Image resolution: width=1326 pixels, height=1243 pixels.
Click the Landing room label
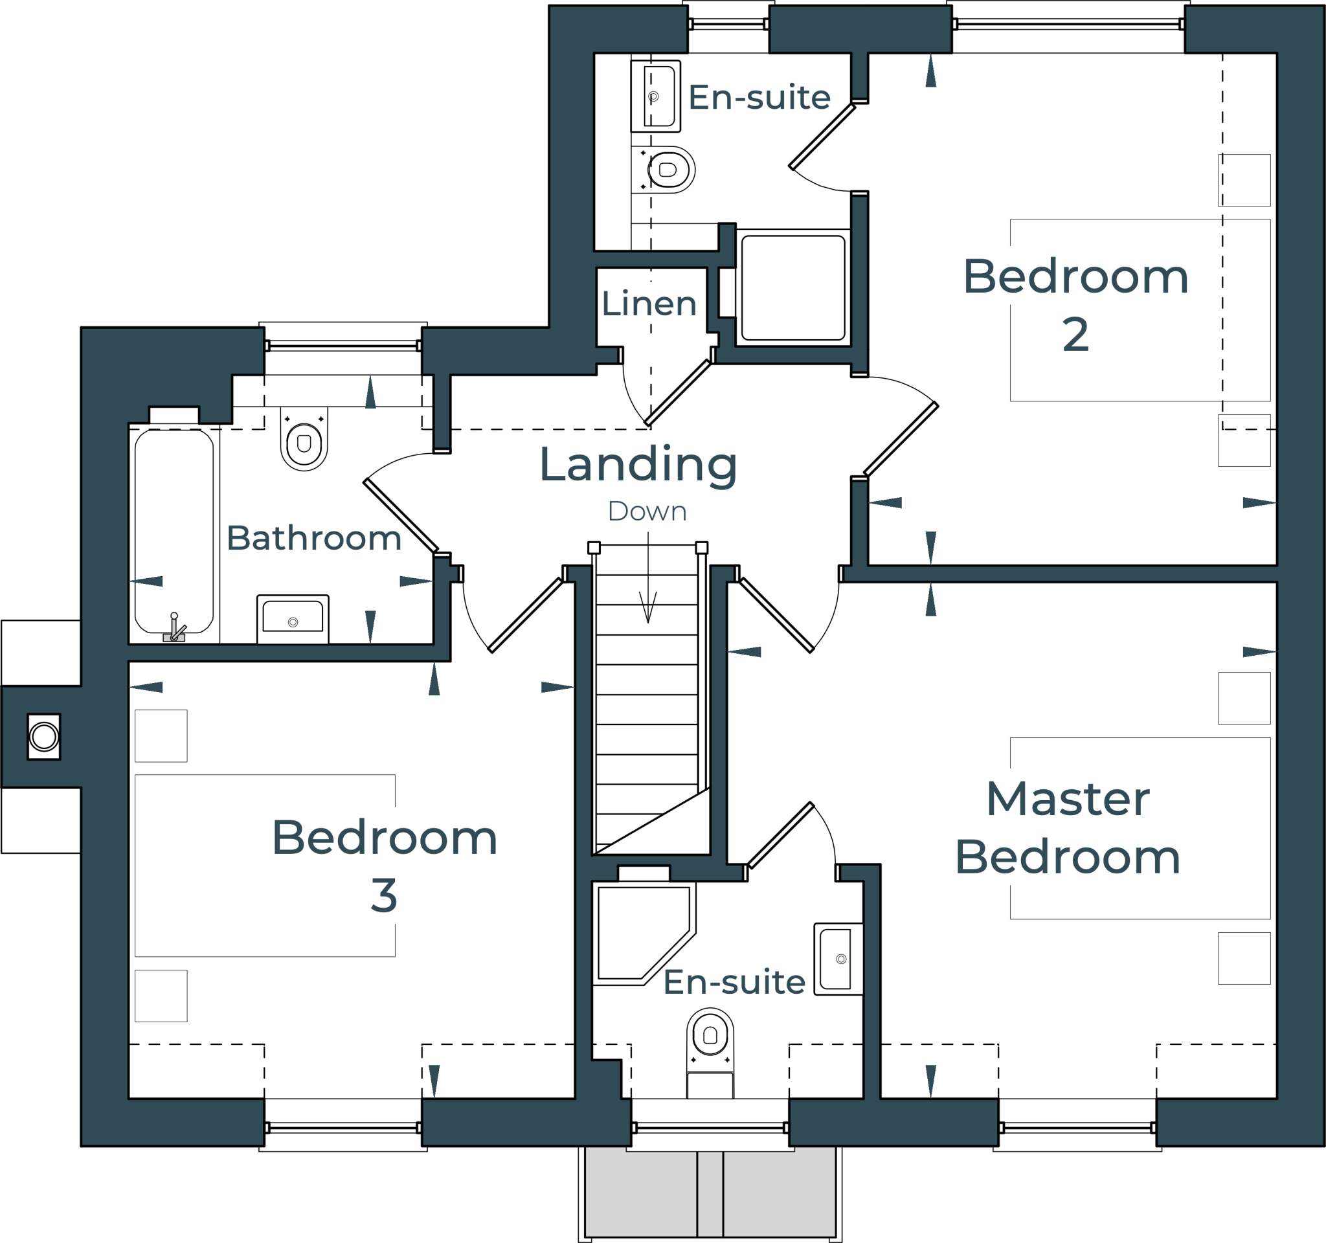click(x=638, y=465)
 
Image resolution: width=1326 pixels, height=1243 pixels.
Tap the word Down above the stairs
click(x=647, y=512)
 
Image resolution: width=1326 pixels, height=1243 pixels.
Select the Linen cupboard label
click(x=648, y=304)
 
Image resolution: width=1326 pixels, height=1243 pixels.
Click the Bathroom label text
click(x=313, y=538)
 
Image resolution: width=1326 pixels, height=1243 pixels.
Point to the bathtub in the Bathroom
click(x=174, y=530)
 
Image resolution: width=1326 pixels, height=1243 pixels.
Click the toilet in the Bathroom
click(x=304, y=441)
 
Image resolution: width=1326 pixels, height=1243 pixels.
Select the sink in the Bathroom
click(x=293, y=618)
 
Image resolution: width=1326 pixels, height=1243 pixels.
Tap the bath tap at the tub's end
click(x=175, y=629)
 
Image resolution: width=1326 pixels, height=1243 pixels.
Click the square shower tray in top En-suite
click(x=793, y=287)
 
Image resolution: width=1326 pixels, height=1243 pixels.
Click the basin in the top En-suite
click(x=656, y=96)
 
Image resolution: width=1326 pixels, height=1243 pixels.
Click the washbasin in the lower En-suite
click(x=838, y=959)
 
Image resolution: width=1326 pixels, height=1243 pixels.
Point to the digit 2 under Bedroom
click(x=1075, y=335)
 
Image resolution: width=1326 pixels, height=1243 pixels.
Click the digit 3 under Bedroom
click(x=384, y=895)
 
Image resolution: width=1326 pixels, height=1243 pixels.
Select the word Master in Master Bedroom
click(x=1068, y=800)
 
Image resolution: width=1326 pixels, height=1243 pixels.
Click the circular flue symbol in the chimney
click(x=44, y=737)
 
